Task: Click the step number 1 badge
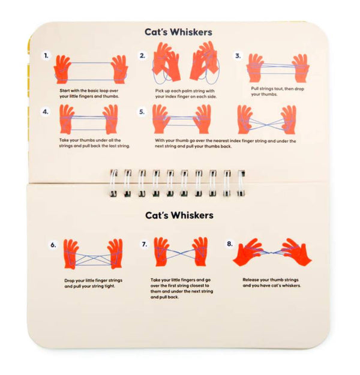point(47,56)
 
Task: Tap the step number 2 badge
point(143,56)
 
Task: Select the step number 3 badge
point(238,56)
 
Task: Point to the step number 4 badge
point(47,112)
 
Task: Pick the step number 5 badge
point(143,112)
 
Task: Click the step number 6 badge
point(53,245)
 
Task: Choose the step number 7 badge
point(145,245)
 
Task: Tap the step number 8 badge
point(230,245)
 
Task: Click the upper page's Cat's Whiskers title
point(178,32)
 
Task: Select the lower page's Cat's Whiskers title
point(178,215)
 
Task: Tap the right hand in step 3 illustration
point(300,68)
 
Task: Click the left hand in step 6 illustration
point(71,253)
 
